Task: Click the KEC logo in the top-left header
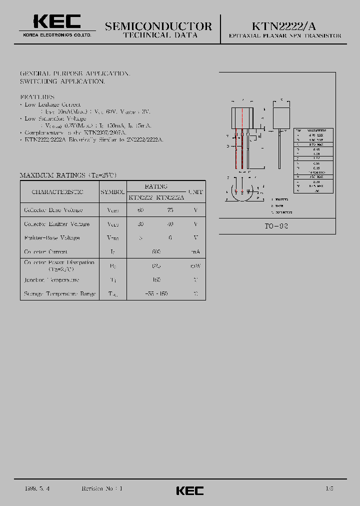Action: [57, 21]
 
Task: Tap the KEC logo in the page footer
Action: [190, 490]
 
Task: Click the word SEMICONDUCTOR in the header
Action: [158, 26]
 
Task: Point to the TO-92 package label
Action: [276, 226]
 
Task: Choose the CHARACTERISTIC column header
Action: [57, 192]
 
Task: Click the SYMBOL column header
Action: [112, 192]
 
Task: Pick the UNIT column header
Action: [195, 192]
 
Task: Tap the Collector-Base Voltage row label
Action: [53, 210]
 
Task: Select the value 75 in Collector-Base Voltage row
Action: [170, 210]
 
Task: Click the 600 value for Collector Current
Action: [156, 252]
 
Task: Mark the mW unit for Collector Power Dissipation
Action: [195, 266]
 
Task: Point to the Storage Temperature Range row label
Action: [60, 294]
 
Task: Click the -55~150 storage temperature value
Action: [156, 294]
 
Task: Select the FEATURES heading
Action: [37, 96]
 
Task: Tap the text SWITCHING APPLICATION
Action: [62, 81]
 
